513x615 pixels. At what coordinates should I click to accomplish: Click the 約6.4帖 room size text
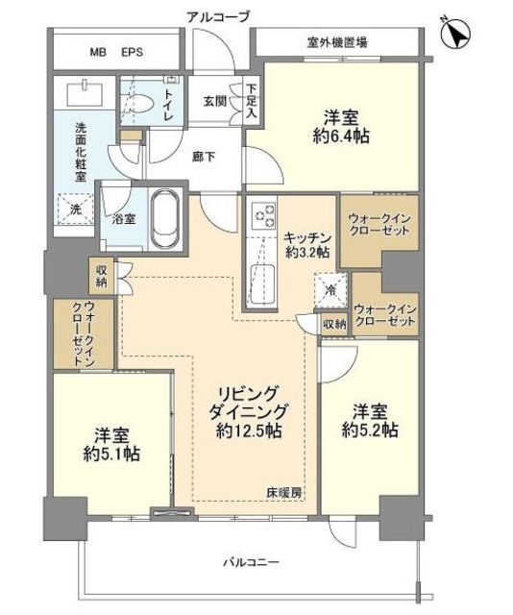tap(342, 136)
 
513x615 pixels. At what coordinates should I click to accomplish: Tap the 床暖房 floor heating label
tap(285, 493)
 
